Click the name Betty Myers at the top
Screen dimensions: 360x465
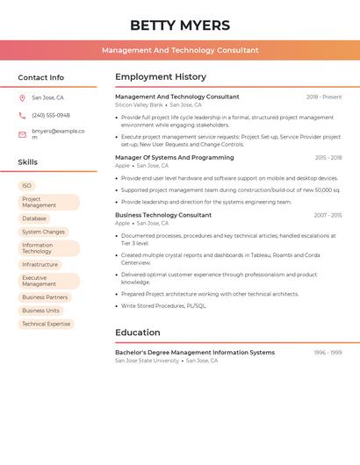click(x=180, y=25)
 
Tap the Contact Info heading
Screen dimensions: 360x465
click(x=41, y=77)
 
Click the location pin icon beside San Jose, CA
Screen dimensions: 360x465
click(x=22, y=97)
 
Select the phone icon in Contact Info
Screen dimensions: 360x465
click(x=22, y=115)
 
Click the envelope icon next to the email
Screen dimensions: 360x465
click(x=22, y=134)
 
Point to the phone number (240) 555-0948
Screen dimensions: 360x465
click(x=51, y=115)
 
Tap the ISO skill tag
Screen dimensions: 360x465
click(x=27, y=186)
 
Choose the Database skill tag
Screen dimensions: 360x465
click(x=34, y=218)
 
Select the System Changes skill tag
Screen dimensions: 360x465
click(x=43, y=232)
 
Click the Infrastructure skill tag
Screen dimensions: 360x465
click(x=40, y=264)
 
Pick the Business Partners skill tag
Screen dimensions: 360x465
click(x=45, y=297)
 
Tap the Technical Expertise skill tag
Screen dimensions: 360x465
click(x=46, y=324)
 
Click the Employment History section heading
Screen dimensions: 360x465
click(x=161, y=77)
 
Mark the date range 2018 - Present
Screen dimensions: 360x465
click(x=324, y=97)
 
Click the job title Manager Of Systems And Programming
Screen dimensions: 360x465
click(x=175, y=158)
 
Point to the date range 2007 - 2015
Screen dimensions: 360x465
click(x=328, y=215)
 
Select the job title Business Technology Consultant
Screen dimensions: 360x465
click(x=163, y=215)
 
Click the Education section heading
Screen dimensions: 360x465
click(x=138, y=333)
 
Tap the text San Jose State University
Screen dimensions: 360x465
click(x=147, y=361)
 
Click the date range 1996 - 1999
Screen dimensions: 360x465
click(x=328, y=353)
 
